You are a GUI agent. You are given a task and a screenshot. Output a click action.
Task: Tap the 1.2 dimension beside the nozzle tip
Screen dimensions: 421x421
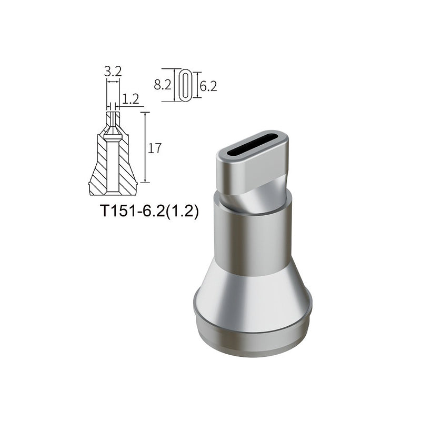point(131,98)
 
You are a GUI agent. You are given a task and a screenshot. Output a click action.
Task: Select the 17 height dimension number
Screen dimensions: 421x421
point(154,148)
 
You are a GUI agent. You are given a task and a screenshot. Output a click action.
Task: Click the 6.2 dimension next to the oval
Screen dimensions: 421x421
point(208,86)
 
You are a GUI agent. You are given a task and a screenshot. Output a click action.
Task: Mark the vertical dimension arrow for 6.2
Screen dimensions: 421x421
point(196,85)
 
